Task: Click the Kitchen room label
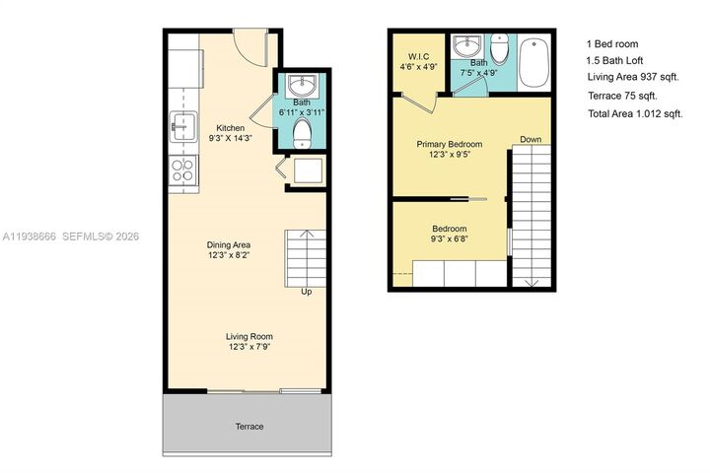pos(230,128)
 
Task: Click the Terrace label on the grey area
pos(248,426)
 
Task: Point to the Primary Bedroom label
pos(449,144)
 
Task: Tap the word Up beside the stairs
pos(307,292)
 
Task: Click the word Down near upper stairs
pos(532,139)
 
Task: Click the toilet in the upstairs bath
pos(500,49)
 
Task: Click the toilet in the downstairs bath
pos(303,130)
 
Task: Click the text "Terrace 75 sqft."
pos(621,96)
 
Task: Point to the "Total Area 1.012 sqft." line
pos(635,114)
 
